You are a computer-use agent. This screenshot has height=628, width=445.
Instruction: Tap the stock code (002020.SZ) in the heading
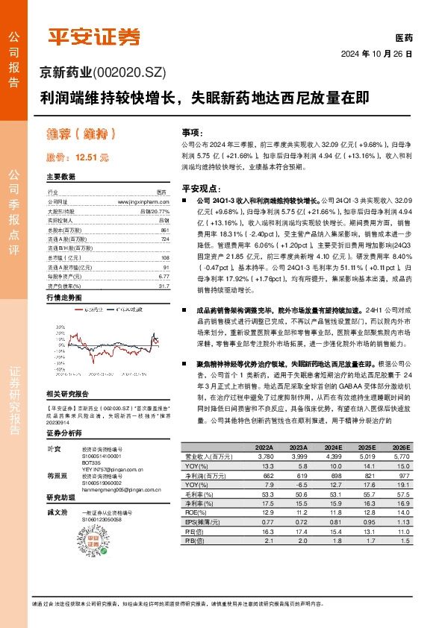pyautogui.click(x=128, y=72)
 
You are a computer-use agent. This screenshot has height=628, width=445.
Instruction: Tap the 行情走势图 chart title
pyautogui.click(x=63, y=297)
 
